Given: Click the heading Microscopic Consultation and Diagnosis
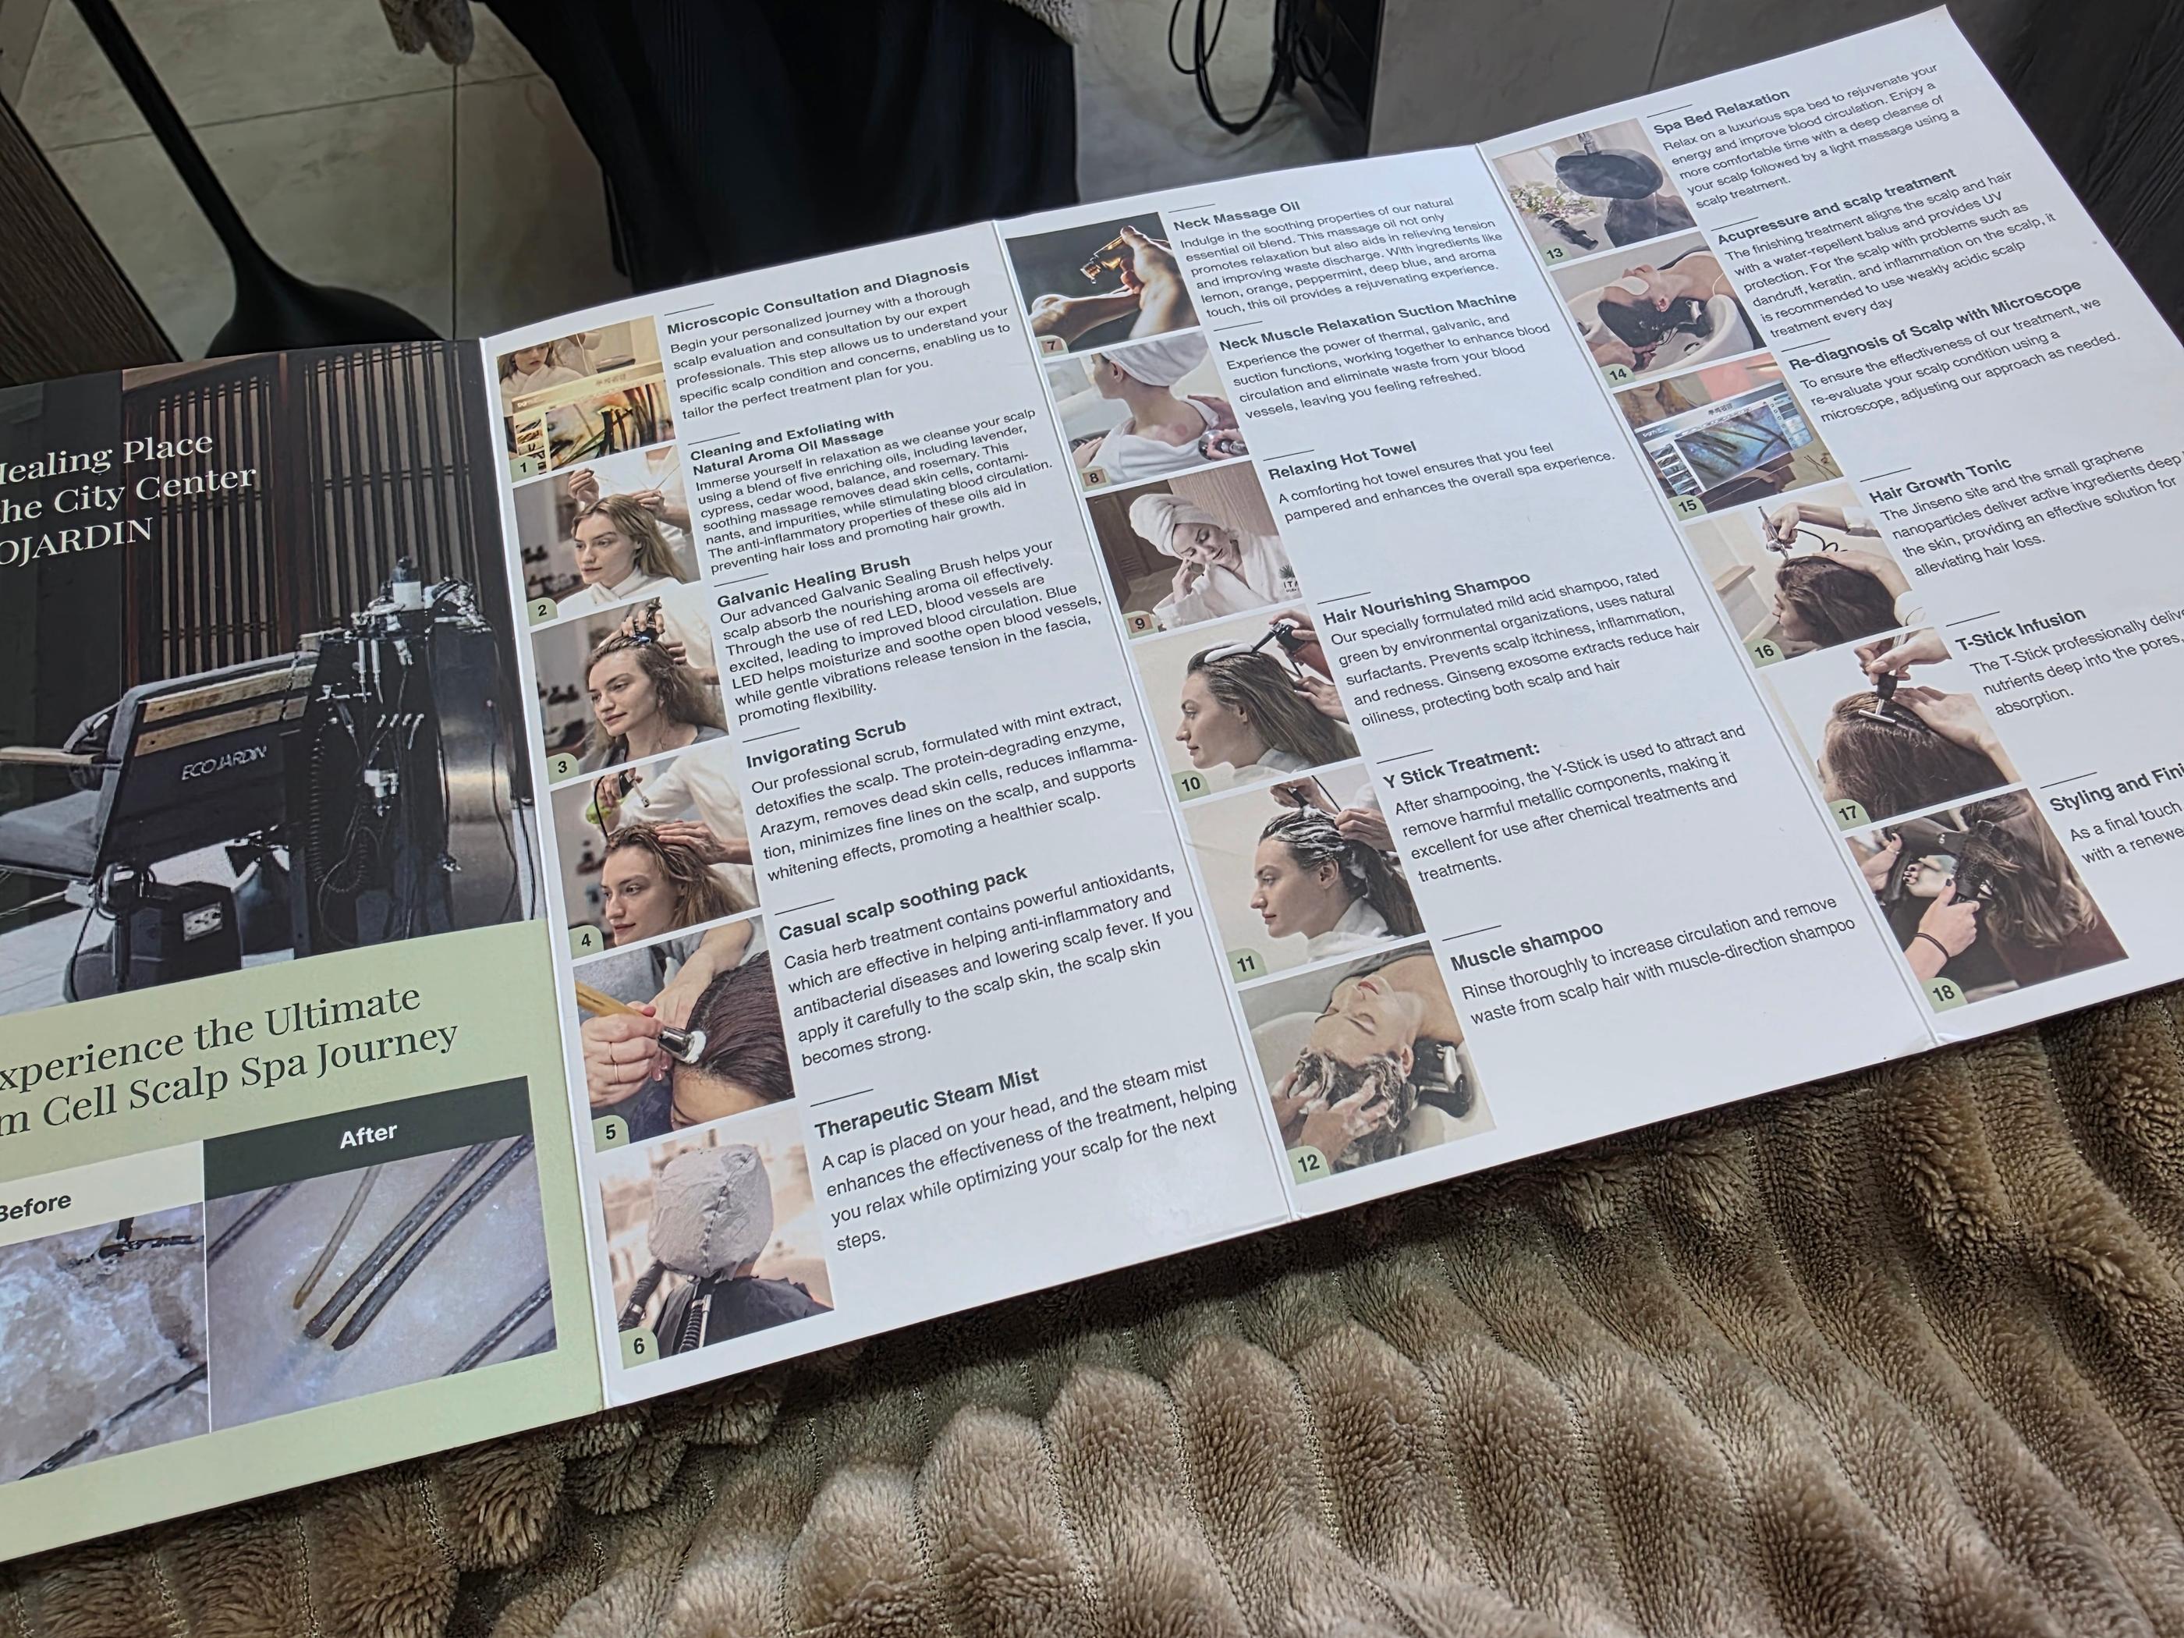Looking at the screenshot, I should [817, 297].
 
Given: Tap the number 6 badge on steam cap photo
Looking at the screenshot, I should [639, 1345].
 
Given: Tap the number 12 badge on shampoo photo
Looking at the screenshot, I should [1308, 1163].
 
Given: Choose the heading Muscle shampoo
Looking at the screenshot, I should [1526, 946].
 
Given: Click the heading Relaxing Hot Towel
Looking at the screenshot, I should [1342, 460].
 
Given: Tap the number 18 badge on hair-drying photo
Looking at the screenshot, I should [1943, 992].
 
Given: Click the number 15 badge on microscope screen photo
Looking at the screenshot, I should [1687, 505].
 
